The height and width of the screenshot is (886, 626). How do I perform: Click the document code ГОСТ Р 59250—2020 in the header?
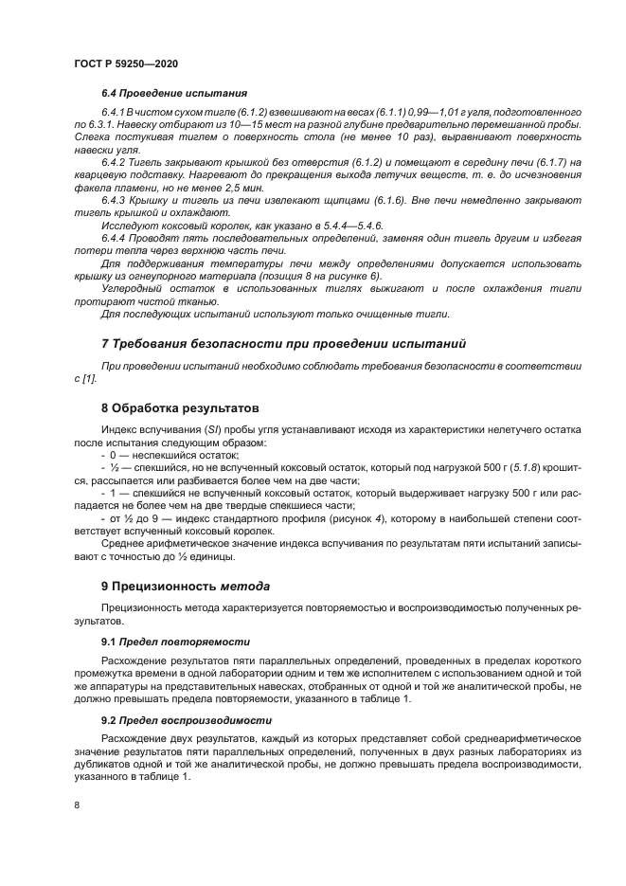pyautogui.click(x=125, y=62)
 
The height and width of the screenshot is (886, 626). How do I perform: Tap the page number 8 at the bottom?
pyautogui.click(x=75, y=805)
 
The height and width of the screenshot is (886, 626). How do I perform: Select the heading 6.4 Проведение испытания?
pyautogui.click(x=174, y=95)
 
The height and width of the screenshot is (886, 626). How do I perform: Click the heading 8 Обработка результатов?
pyautogui.click(x=179, y=409)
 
